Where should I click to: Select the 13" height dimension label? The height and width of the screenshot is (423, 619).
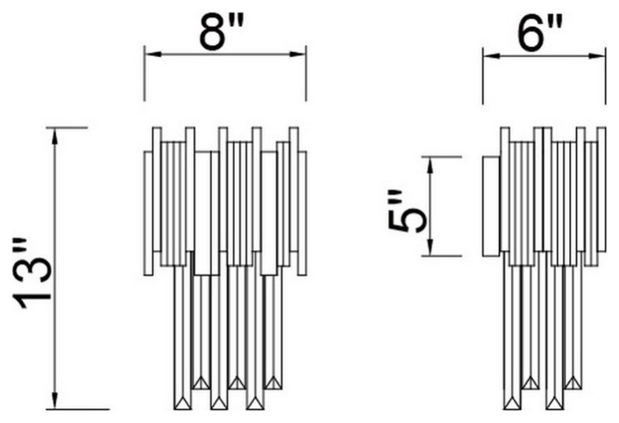tap(33, 273)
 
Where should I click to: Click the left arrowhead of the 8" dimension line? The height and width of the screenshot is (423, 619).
tap(153, 54)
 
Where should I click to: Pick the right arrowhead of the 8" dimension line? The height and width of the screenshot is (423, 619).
tap(298, 54)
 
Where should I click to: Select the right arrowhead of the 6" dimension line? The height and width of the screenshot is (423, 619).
tap(597, 56)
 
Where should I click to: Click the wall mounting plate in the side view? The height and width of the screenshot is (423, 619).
tap(491, 206)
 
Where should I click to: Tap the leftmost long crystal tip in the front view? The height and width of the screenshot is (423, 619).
tap(183, 404)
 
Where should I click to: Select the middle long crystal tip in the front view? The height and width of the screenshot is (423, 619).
tap(219, 404)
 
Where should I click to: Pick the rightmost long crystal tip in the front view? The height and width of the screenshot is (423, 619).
tap(255, 404)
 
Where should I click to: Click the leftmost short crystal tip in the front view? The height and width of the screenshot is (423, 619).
tap(202, 383)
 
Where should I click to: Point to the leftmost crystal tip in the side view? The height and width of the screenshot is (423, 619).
tap(513, 404)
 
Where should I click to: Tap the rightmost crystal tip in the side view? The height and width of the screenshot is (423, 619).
tap(573, 383)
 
